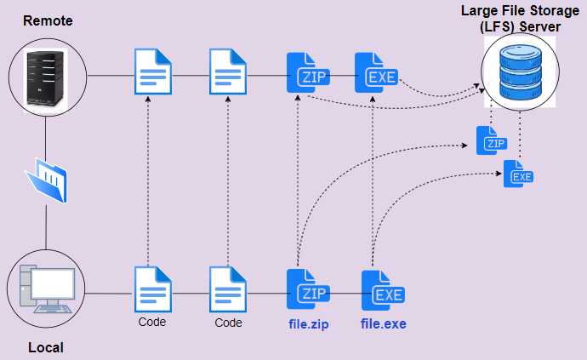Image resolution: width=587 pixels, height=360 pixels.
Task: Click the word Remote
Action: tap(48, 19)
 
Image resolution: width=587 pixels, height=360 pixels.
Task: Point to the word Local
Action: tap(46, 347)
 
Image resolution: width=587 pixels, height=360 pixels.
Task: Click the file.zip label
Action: tap(308, 323)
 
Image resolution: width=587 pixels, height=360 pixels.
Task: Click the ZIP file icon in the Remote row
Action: tap(307, 74)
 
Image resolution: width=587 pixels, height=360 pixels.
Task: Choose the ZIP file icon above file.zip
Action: tap(307, 290)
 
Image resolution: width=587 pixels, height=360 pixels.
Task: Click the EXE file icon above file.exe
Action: tap(382, 291)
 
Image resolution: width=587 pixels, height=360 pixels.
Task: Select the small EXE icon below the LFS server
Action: tap(518, 174)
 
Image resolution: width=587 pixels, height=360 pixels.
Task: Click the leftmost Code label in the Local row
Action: tap(151, 323)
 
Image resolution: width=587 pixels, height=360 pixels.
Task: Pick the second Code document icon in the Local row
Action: tap(228, 289)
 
